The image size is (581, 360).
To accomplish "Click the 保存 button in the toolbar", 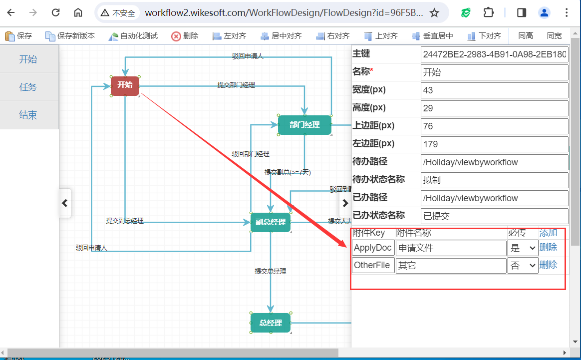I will (x=18, y=36).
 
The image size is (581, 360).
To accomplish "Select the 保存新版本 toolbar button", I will (x=70, y=36).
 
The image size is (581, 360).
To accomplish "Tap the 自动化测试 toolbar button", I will (x=133, y=36).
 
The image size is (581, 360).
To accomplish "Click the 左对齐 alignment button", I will (x=230, y=36).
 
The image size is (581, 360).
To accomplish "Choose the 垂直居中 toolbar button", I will (x=432, y=36).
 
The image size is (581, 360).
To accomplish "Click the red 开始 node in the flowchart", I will (x=125, y=85).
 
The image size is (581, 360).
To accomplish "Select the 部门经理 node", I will (x=304, y=125).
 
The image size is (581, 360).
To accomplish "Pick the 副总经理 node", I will (x=271, y=222).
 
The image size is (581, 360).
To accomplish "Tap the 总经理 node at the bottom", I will (x=271, y=323).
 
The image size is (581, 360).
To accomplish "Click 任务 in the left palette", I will (x=28, y=87).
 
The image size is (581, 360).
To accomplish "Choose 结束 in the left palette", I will (x=28, y=115).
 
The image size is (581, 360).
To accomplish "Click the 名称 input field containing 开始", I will (x=494, y=72).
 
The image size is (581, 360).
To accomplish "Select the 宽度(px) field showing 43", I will (x=494, y=90).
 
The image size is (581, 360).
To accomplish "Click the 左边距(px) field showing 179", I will (x=494, y=144).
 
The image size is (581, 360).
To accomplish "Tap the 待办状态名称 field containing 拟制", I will (x=494, y=180).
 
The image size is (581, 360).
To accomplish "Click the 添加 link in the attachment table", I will (x=548, y=233).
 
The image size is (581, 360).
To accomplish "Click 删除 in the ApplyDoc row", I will (x=548, y=247).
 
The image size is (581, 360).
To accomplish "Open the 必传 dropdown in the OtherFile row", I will (x=523, y=266).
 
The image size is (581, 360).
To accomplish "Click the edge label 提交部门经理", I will (x=236, y=85).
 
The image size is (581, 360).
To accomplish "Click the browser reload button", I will (x=56, y=13).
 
